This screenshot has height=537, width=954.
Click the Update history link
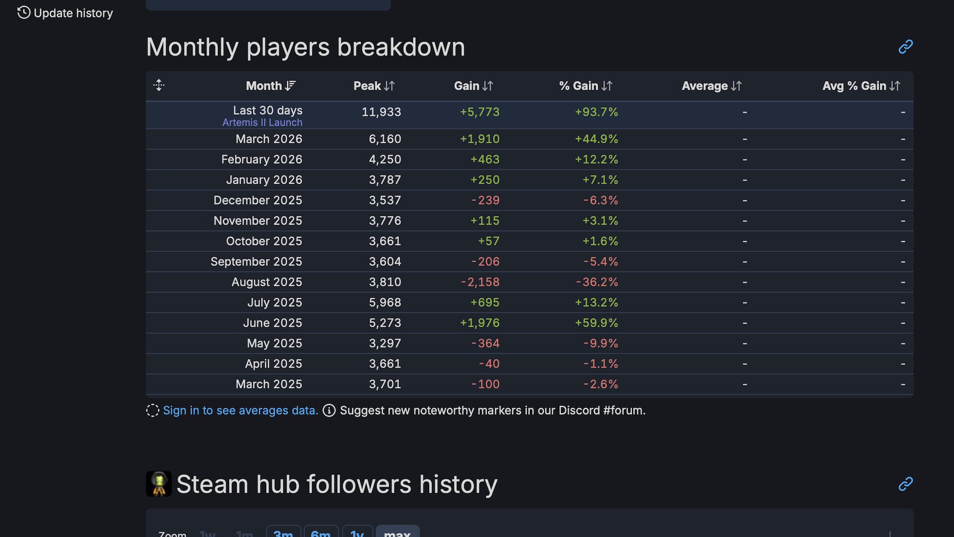66,13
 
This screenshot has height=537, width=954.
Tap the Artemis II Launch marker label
262,122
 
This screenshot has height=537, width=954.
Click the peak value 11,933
381,112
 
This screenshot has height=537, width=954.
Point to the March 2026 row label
269,139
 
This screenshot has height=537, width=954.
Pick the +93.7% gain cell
596,112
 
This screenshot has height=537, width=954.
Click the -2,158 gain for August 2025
480,282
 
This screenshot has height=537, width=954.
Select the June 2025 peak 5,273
385,323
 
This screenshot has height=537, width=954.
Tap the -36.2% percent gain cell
597,282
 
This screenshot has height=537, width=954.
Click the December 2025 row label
257,200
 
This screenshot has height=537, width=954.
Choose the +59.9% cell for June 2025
596,323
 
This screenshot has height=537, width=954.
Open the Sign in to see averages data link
240,411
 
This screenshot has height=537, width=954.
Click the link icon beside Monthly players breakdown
905,47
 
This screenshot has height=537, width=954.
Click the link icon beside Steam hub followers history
905,484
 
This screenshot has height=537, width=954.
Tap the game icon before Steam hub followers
159,484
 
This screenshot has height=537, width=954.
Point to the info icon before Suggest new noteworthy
329,411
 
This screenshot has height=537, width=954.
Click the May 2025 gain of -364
485,344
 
